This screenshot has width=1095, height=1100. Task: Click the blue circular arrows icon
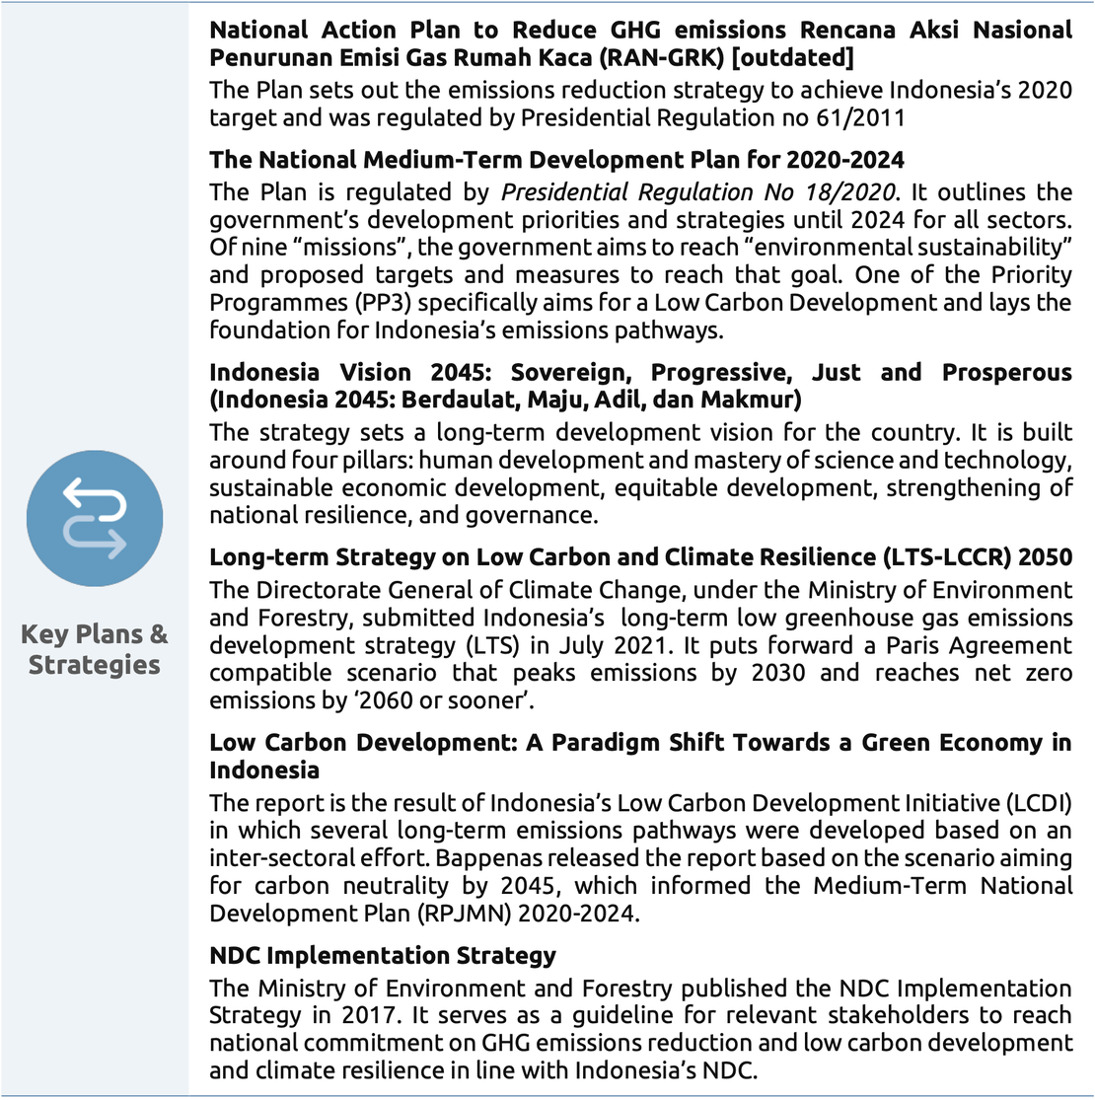click(x=95, y=516)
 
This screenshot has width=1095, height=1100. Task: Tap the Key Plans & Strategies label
click(x=95, y=649)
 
